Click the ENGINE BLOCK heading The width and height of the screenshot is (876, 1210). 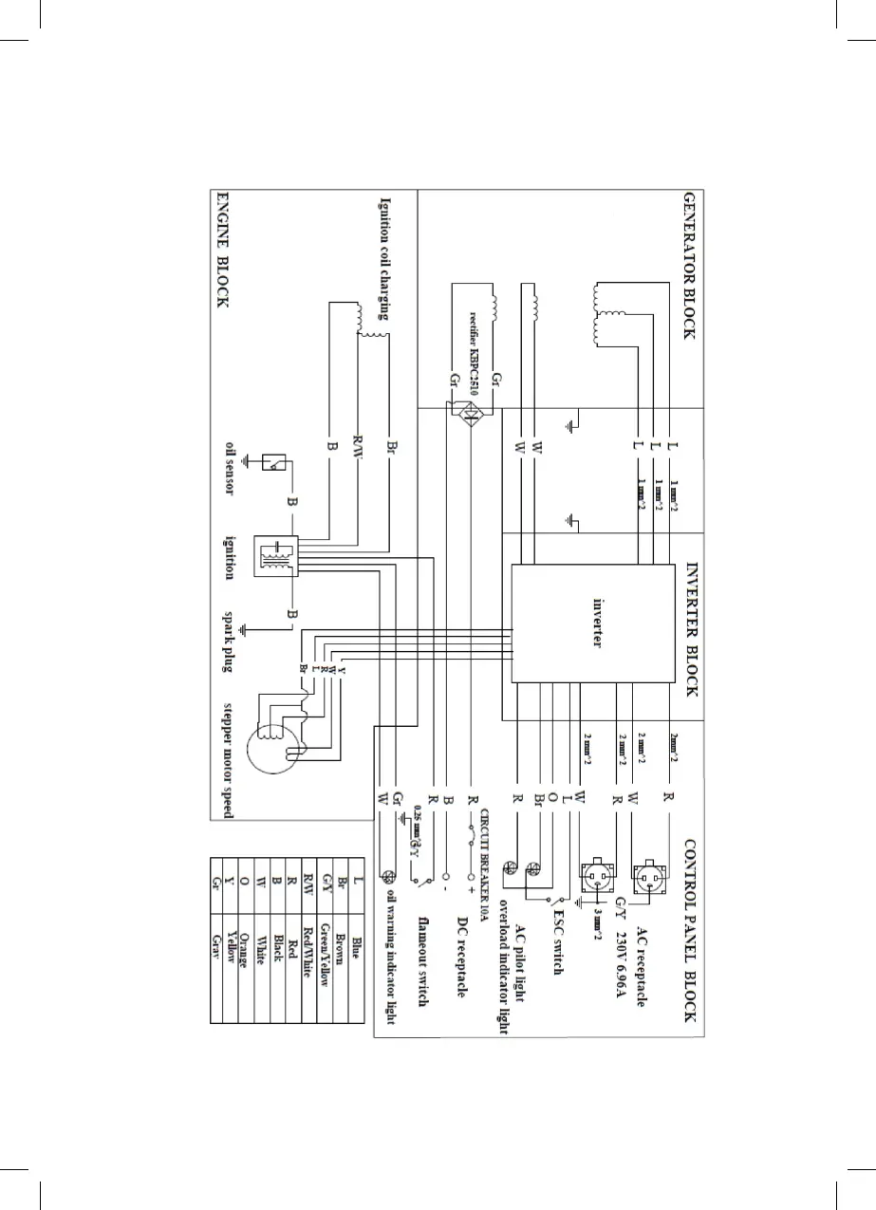(221, 251)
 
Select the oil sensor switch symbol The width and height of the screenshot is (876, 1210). (275, 462)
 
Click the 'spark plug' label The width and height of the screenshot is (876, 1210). (230, 641)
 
